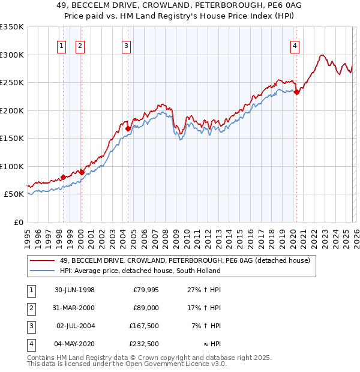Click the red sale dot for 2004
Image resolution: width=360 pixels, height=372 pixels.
pyautogui.click(x=128, y=128)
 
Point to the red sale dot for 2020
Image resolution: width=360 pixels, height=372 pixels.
pyautogui.click(x=296, y=92)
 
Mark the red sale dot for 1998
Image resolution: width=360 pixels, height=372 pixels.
pyautogui.click(x=63, y=178)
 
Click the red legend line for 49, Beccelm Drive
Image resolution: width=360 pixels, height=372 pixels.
pyautogui.click(x=42, y=260)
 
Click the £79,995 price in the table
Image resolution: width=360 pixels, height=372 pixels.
pyautogui.click(x=144, y=290)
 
